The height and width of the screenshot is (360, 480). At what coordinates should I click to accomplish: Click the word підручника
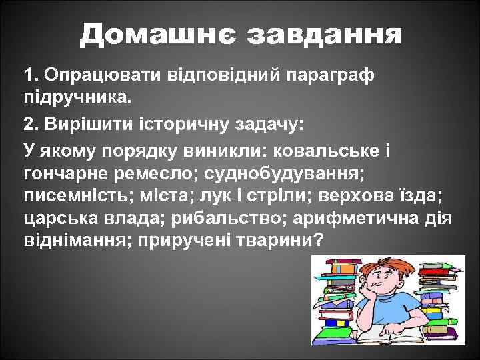(x=77, y=97)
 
